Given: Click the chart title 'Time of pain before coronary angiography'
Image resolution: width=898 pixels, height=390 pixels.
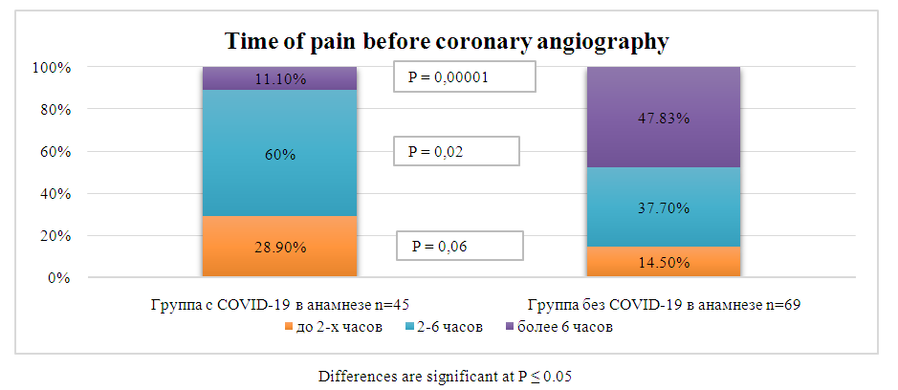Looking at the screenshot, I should tap(446, 42).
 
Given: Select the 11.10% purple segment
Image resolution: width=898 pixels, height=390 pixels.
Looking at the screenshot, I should tap(279, 78).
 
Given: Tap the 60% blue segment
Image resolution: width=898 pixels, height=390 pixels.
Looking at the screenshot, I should tap(279, 152).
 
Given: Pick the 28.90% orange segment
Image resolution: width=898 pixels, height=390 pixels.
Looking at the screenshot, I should tap(279, 247).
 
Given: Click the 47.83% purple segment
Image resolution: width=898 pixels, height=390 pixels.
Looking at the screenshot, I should tap(663, 118).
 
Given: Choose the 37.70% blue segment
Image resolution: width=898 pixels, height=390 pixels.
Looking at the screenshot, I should tap(663, 206).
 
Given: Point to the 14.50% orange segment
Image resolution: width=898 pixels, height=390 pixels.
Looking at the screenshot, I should tap(663, 262).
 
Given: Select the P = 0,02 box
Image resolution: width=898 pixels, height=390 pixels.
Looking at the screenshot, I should tap(456, 151).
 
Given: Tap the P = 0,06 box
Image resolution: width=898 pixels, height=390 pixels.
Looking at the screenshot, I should tap(461, 246).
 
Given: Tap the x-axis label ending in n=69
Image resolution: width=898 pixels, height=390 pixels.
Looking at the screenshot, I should tap(663, 306).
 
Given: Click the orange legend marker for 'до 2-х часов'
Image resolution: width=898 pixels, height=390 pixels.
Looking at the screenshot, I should tap(290, 328).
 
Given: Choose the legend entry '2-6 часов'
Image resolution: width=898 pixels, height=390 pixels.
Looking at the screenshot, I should tap(442, 327).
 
